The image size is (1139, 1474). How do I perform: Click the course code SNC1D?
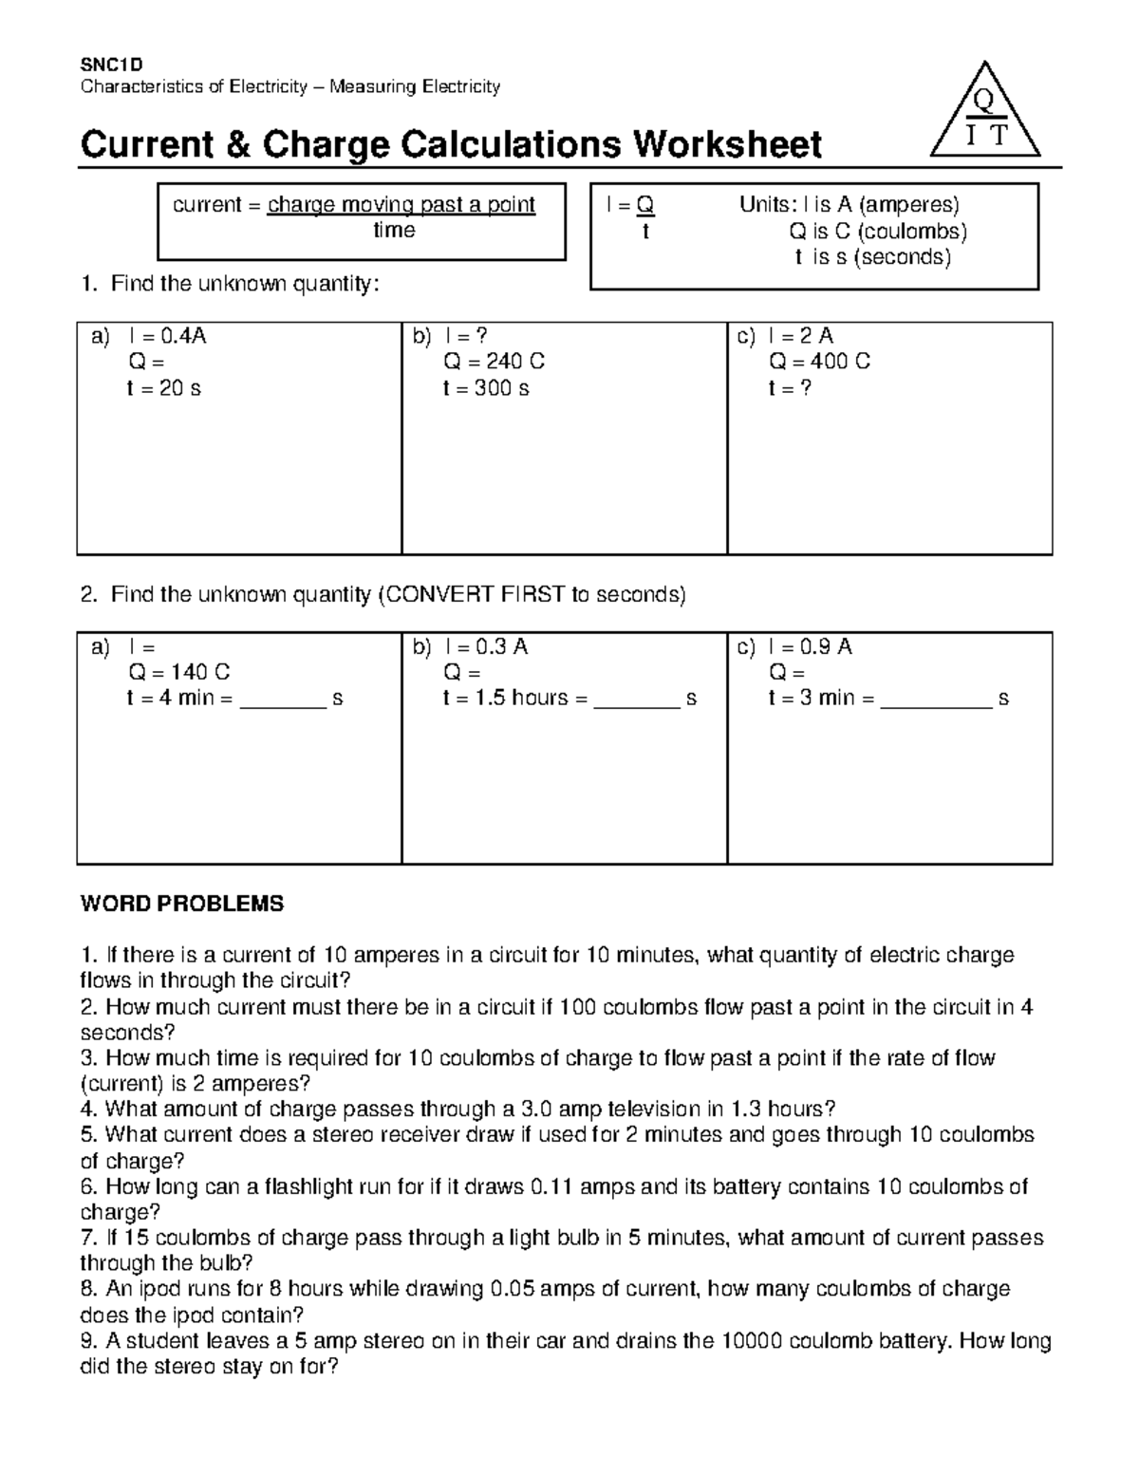click(111, 65)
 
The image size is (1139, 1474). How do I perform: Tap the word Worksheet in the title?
click(727, 144)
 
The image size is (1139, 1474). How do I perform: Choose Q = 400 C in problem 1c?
click(819, 362)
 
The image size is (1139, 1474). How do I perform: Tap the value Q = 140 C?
click(178, 672)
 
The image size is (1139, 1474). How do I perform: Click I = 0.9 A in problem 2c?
click(810, 646)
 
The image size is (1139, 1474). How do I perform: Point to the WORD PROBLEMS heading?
click(182, 904)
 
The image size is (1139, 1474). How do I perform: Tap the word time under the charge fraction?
click(394, 231)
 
